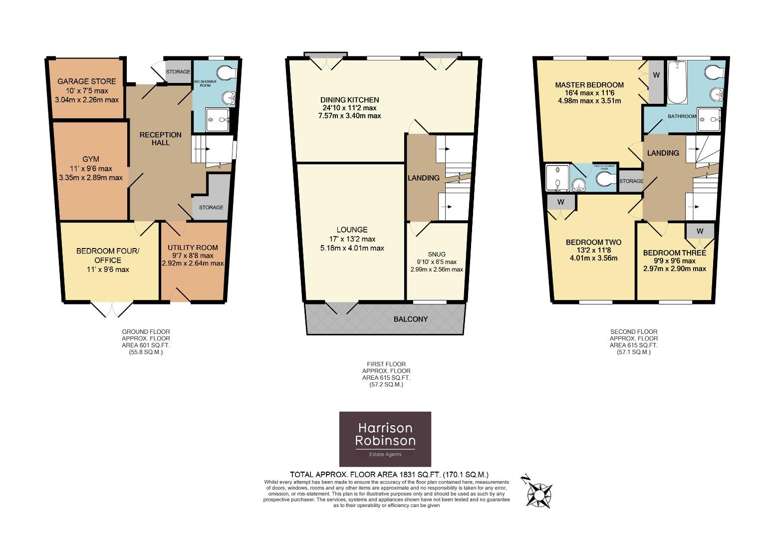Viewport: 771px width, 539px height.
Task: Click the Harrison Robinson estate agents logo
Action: (x=385, y=439)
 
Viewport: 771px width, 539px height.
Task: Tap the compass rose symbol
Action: (x=539, y=495)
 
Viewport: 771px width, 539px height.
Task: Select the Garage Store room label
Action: (x=87, y=81)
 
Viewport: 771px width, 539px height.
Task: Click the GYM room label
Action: (x=91, y=159)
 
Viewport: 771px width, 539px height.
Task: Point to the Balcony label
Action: (x=410, y=319)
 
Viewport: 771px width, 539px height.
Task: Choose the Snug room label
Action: (x=436, y=254)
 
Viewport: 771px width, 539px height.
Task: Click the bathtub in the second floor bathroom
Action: (x=678, y=82)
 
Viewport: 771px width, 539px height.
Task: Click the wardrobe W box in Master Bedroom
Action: (x=656, y=75)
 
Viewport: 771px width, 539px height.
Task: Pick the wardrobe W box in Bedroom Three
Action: (x=700, y=231)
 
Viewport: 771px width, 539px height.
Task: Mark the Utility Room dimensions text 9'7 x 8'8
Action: (x=193, y=256)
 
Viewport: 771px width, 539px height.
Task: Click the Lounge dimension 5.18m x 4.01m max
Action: (x=352, y=248)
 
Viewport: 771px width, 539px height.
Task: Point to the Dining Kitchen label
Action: (x=349, y=100)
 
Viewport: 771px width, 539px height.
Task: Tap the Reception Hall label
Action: (x=160, y=139)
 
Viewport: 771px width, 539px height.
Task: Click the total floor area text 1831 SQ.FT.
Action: (x=389, y=475)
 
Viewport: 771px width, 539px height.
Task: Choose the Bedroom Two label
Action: (x=593, y=243)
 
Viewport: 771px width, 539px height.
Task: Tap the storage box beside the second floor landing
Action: (x=631, y=181)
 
